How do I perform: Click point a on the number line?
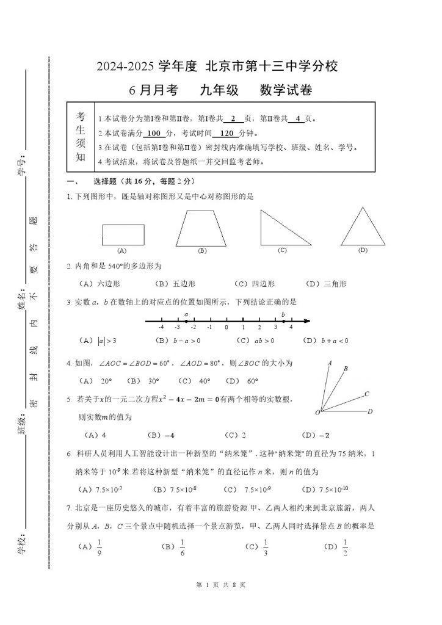[186, 321]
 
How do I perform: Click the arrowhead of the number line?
[308, 321]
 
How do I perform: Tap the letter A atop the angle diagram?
[330, 363]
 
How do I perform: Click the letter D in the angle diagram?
[370, 411]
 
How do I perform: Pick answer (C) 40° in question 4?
[196, 381]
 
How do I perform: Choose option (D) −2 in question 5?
[316, 435]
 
